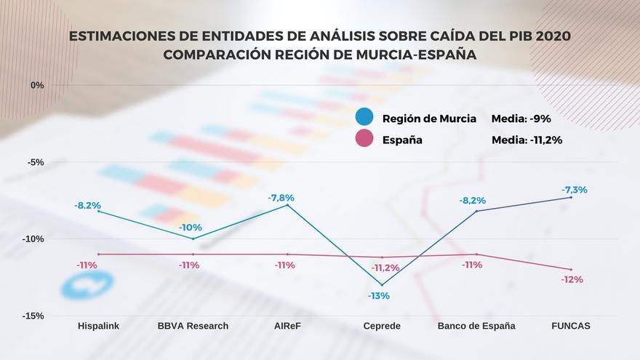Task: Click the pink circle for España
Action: [365, 140]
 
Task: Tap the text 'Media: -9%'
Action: [521, 119]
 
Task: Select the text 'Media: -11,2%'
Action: [527, 140]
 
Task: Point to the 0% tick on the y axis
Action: [36, 85]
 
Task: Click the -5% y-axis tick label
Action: [36, 162]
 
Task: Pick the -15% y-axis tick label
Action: [34, 316]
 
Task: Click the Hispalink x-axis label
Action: [98, 326]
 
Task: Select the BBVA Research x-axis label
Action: [193, 326]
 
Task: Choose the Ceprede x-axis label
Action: [382, 326]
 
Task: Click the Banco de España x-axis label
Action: [476, 326]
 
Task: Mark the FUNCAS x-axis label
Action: [570, 326]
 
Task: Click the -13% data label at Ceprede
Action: [378, 296]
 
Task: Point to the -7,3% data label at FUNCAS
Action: [575, 190]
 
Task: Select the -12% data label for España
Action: [572, 280]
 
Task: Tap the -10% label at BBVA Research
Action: [191, 228]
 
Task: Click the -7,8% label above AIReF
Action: [281, 198]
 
